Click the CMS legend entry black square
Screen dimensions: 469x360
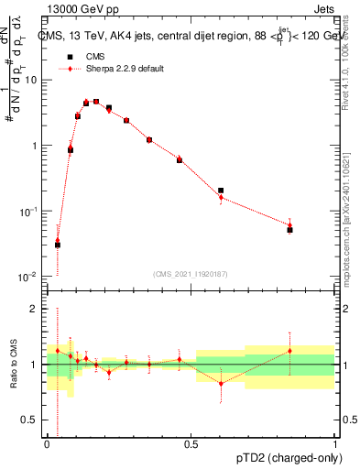tap(65, 57)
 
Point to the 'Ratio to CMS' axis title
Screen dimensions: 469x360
tap(13, 364)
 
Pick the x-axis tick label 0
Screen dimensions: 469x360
tap(46, 444)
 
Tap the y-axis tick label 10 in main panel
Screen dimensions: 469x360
tap(31, 80)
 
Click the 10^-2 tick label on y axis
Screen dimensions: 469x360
tap(28, 277)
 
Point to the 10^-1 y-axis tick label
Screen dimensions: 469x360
tap(28, 212)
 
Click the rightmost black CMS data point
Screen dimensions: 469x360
tap(289, 230)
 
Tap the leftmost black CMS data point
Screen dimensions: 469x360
tap(58, 245)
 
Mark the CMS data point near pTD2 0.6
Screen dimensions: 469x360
tap(221, 191)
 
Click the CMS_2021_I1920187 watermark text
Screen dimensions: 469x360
tap(191, 273)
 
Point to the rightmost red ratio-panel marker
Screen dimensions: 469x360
tap(289, 351)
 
